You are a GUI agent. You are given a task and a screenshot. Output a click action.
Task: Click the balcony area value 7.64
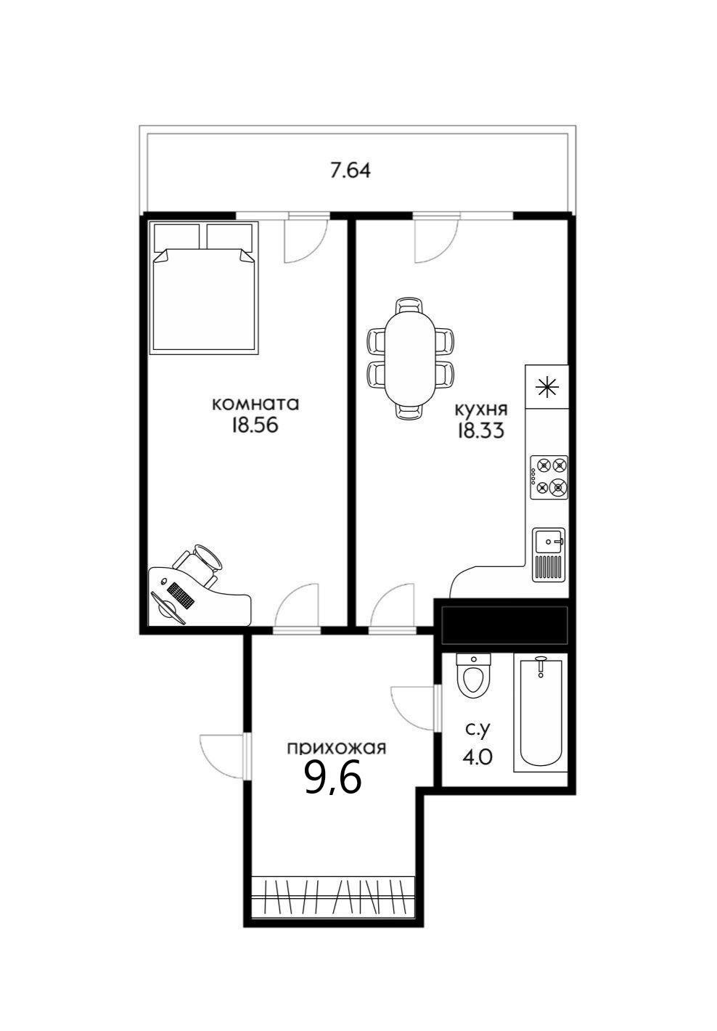coord(351,171)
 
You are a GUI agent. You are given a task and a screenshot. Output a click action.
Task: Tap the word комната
coord(255,404)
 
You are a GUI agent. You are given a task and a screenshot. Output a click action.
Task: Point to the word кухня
coord(481,409)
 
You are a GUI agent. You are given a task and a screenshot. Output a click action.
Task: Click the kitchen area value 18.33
coord(480,431)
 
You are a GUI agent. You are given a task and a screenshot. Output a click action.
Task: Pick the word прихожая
coord(336,749)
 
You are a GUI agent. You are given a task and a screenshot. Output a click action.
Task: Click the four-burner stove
coord(549,477)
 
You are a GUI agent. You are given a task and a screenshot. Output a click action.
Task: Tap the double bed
coord(204,288)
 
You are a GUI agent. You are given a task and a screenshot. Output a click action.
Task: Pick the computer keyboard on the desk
coord(180,597)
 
